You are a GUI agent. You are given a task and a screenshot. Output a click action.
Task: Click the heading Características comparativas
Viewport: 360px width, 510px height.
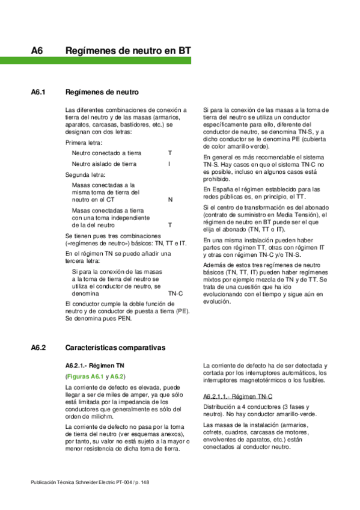115,348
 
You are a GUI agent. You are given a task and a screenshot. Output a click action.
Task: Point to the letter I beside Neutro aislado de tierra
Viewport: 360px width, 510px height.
169,164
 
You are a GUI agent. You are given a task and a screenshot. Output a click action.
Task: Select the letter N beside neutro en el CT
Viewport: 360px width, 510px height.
170,199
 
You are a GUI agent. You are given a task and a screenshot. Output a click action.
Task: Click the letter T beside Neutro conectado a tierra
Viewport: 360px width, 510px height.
169,153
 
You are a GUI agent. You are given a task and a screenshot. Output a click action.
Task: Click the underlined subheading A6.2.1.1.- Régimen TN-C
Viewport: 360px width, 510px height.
237,397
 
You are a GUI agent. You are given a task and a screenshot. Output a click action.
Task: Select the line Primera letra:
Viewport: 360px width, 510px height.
84,143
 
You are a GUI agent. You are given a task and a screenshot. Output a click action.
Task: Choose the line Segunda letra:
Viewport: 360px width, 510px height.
85,174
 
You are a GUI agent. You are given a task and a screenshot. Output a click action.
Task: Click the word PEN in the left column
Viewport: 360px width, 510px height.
123,319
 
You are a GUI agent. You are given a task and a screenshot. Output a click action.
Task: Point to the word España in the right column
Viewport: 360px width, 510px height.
220,189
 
